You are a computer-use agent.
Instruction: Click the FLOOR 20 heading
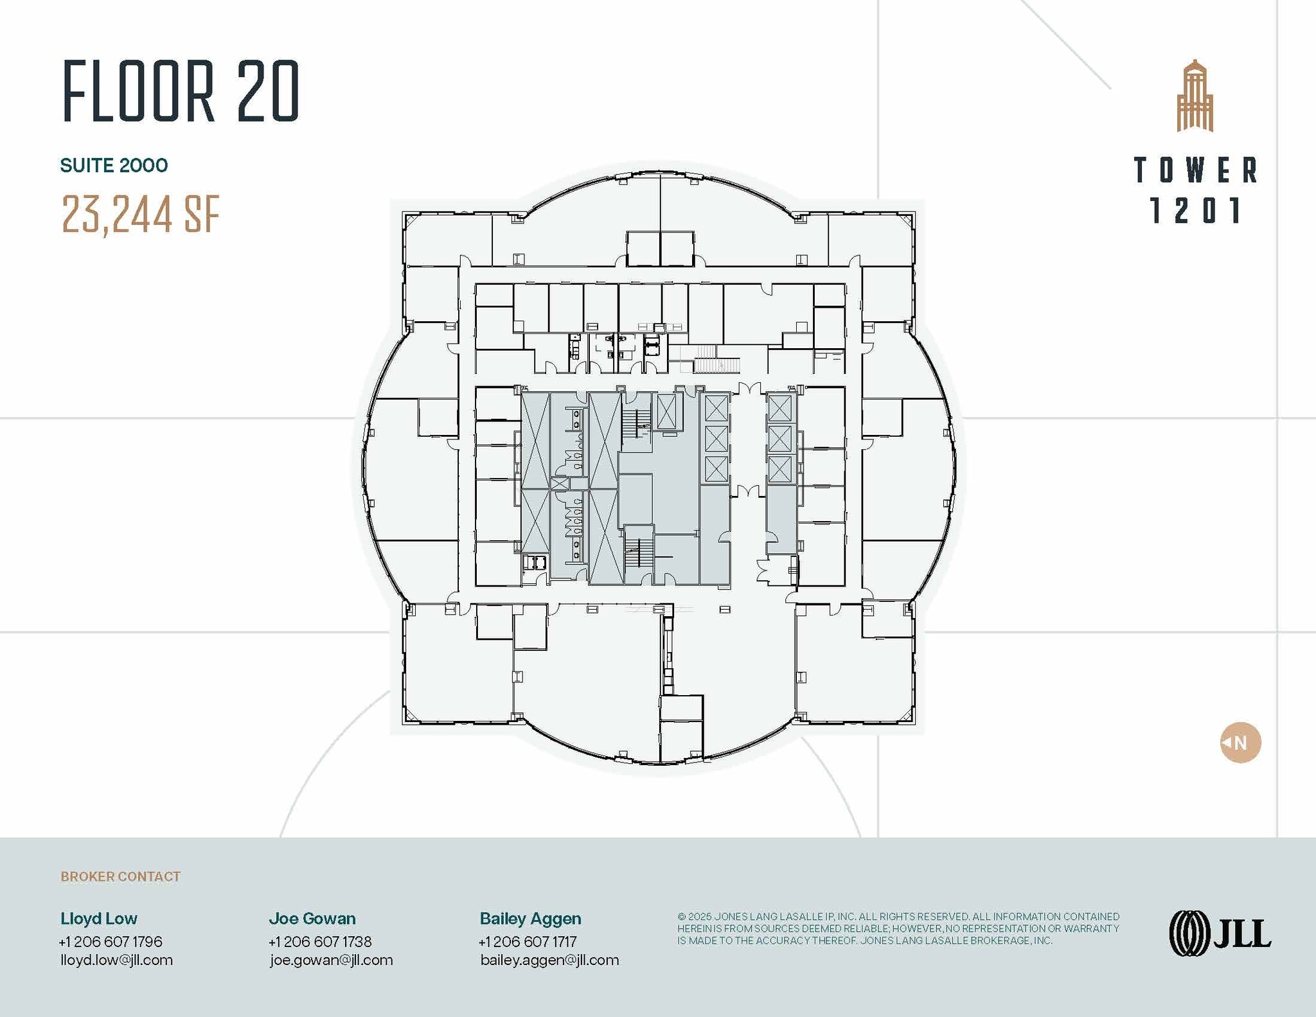pos(181,91)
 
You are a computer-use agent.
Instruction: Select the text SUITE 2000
pos(114,166)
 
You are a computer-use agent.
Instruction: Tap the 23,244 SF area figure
pos(141,214)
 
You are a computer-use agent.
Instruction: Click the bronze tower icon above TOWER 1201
pos(1195,96)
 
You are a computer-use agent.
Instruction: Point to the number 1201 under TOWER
pos(1195,211)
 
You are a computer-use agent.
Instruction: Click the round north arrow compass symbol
pos(1240,743)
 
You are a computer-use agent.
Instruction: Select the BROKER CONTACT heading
pos(120,876)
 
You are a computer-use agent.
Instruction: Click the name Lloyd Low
pos(98,918)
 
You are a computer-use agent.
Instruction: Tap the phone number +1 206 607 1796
pos(111,941)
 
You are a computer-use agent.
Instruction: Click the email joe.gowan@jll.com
pos(331,960)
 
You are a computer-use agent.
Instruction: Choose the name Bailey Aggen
pos(530,918)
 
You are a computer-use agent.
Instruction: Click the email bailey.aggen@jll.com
pos(549,960)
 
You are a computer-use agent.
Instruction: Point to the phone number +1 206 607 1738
pos(320,941)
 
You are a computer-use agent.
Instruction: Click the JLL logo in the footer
pos(1219,933)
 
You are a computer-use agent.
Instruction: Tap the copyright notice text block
pos(898,928)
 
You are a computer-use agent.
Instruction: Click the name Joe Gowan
pos(312,918)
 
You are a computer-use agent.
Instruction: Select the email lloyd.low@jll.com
pos(116,960)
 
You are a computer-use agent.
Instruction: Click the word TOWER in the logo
pos(1195,170)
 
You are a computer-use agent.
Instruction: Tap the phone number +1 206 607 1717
pos(528,941)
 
